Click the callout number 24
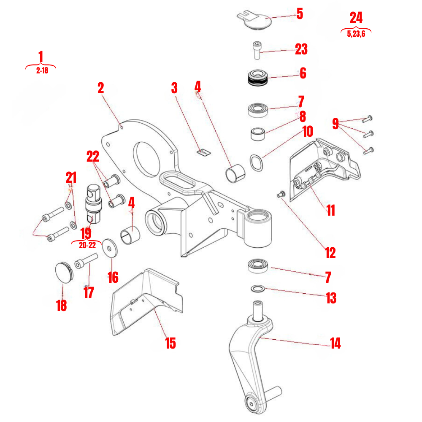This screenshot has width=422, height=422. click(356, 18)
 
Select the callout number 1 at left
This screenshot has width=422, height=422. click(41, 57)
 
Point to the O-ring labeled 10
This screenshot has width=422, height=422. click(256, 163)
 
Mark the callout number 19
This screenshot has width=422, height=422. click(86, 233)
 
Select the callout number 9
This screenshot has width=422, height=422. click(335, 124)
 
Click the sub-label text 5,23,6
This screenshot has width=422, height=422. click(356, 34)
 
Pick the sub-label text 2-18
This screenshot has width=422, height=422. click(42, 71)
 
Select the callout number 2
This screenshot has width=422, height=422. click(100, 88)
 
